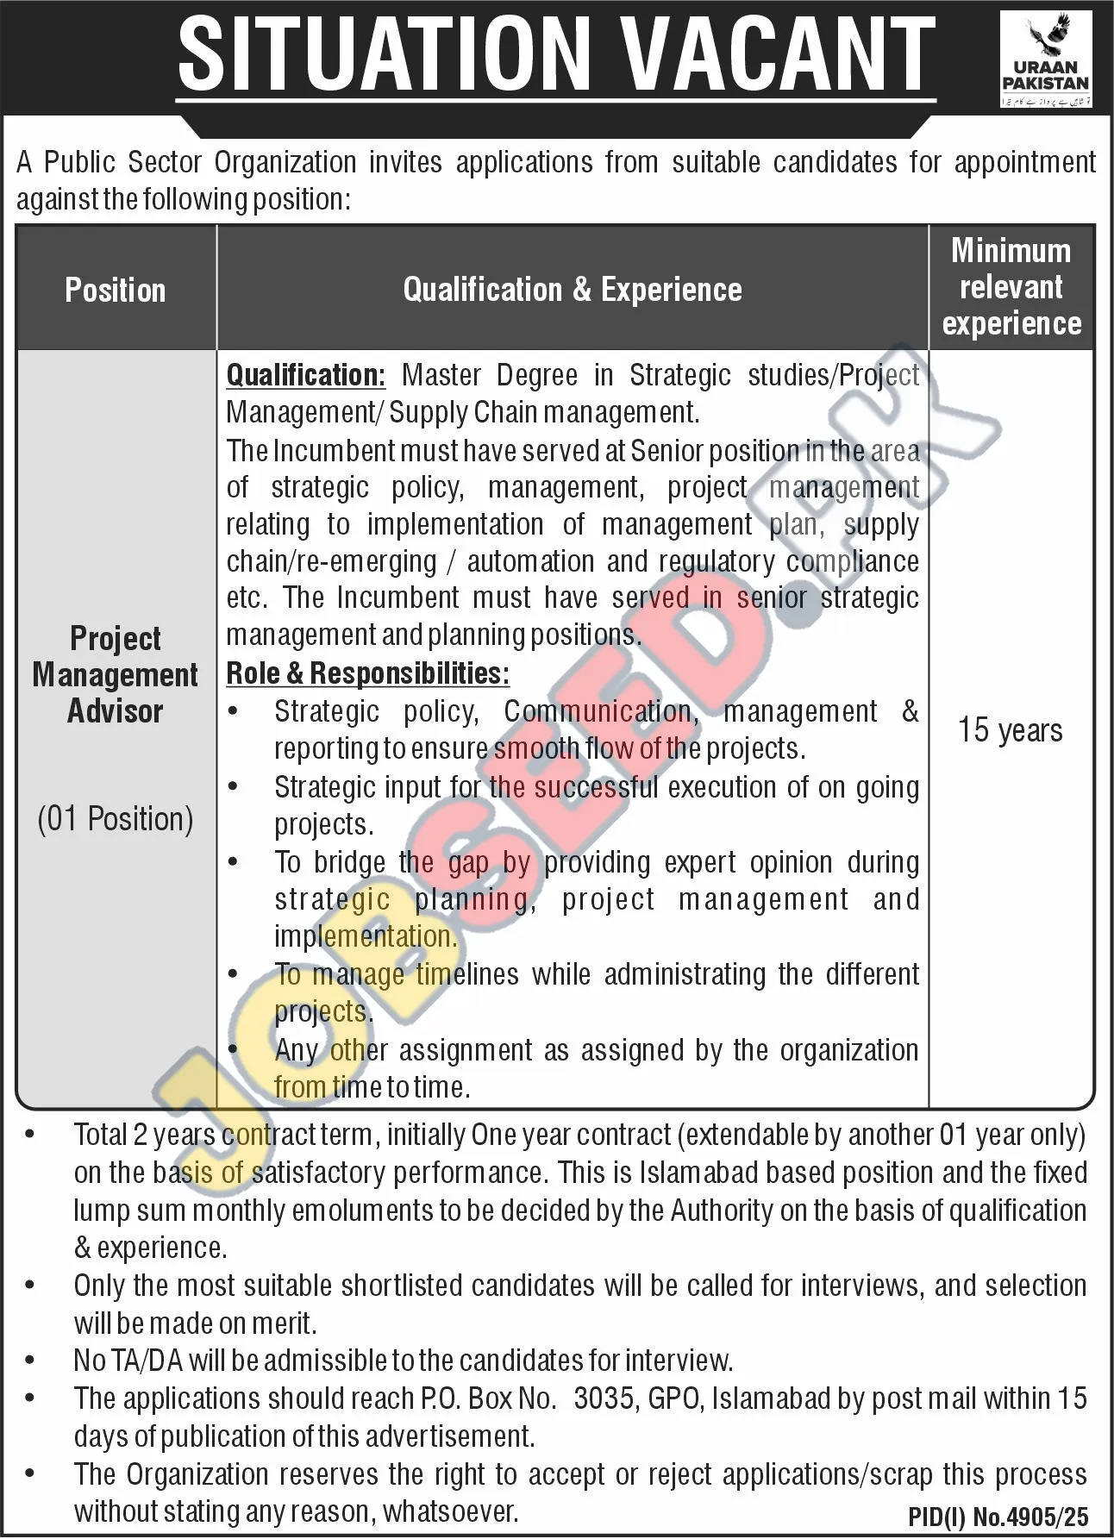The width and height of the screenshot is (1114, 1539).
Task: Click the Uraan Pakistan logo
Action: tap(1045, 60)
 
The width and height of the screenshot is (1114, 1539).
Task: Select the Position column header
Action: tap(116, 290)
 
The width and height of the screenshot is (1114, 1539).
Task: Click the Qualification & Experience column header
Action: tap(573, 290)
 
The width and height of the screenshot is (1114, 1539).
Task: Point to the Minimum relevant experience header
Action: tap(1011, 287)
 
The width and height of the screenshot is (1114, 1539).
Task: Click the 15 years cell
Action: tap(1011, 730)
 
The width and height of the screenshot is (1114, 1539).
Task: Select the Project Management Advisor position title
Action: tap(116, 675)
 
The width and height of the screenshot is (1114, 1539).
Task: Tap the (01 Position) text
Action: tap(116, 818)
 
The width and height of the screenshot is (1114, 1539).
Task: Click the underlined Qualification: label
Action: tap(306, 375)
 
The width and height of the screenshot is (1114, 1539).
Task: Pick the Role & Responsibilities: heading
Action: tap(368, 673)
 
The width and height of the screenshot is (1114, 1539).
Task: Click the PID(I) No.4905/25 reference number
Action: tap(998, 1517)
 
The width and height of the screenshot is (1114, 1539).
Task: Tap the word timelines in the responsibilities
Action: tap(467, 974)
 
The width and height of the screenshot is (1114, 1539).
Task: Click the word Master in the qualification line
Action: tap(442, 375)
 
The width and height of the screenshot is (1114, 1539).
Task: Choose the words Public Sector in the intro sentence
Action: tap(122, 162)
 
